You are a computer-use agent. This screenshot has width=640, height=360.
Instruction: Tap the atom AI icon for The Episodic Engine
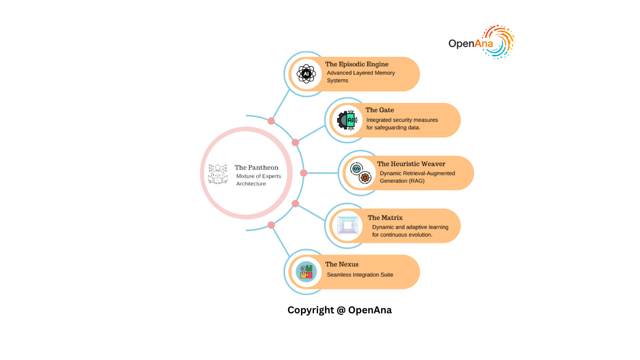306,74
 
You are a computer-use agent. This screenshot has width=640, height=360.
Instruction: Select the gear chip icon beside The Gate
347,120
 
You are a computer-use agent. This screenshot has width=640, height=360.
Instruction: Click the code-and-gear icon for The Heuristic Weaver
361,173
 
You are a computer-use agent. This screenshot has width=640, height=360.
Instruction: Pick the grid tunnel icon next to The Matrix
347,226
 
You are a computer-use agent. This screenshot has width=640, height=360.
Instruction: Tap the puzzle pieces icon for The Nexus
306,272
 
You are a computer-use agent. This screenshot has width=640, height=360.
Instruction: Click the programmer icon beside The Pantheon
218,174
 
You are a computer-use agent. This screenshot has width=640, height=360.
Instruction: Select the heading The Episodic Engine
357,64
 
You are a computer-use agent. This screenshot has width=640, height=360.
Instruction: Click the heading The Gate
380,110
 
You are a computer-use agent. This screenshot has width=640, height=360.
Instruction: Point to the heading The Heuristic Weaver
411,164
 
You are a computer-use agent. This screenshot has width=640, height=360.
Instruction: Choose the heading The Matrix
385,218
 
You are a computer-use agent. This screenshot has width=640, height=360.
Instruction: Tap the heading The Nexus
342,264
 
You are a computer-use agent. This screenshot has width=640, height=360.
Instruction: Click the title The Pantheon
256,167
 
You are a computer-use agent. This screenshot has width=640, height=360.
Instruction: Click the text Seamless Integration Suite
360,275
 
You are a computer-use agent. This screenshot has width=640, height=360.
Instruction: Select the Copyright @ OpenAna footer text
340,310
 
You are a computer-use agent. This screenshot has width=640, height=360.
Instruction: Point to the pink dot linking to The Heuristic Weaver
304,173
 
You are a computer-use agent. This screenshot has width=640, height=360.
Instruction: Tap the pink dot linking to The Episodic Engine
271,121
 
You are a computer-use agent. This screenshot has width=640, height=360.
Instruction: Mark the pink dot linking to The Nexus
271,225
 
